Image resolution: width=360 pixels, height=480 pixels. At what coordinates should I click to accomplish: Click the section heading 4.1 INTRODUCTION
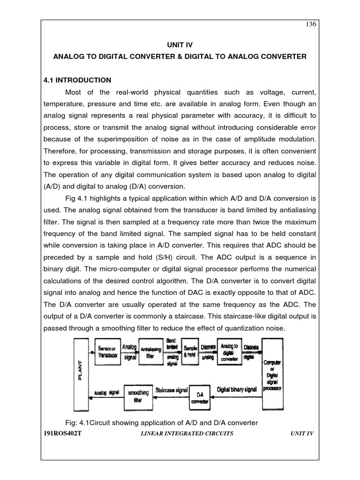pyautogui.click(x=77, y=80)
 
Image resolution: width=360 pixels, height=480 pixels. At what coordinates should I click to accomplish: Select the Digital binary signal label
pyautogui.click(x=237, y=390)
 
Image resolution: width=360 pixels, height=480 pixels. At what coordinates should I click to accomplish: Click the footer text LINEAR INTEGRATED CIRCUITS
pyautogui.click(x=187, y=434)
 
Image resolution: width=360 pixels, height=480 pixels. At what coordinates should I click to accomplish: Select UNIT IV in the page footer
pyautogui.click(x=302, y=434)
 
